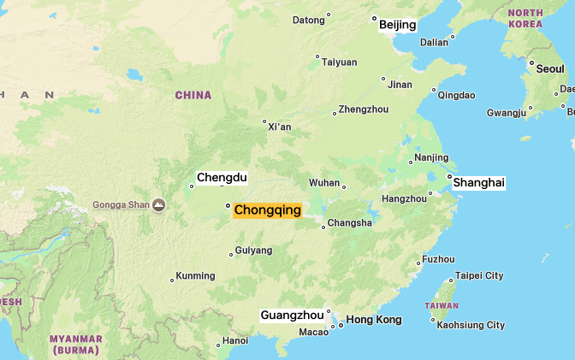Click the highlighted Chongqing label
point(267,210)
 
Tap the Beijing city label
point(397,25)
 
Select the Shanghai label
point(479,183)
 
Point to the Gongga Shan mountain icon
point(158,204)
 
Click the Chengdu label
point(222,178)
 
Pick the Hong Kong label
point(374,320)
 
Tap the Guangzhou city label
point(292,315)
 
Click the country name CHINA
point(193,95)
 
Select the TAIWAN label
point(442,305)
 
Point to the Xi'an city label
point(280,127)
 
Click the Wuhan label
point(324,182)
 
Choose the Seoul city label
point(550,68)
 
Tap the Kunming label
point(195,276)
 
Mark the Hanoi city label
point(235,340)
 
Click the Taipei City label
point(479,275)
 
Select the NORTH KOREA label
point(525,18)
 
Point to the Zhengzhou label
point(364,109)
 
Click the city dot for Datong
point(329,15)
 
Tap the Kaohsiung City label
point(471,325)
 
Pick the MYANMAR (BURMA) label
point(75,345)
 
